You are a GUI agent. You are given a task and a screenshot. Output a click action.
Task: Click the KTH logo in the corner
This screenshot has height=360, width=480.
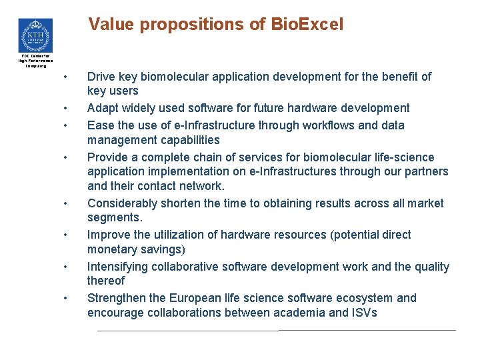click(35, 35)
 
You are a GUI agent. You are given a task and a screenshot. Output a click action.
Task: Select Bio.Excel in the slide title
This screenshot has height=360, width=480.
click(307, 25)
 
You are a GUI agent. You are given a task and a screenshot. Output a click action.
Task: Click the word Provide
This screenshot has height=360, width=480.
click(107, 157)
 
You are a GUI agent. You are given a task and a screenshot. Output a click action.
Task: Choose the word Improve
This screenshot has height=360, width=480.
click(108, 235)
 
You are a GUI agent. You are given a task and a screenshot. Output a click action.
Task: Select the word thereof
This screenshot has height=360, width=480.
click(106, 281)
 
